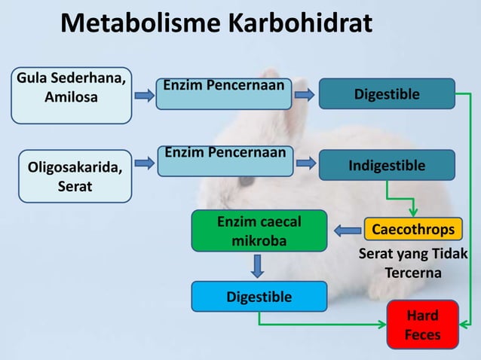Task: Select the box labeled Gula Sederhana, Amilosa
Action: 71,95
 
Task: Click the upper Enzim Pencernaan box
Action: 223,95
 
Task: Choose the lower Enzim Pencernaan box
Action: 223,162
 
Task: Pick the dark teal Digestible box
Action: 387,94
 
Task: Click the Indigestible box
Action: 387,165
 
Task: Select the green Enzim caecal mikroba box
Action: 259,230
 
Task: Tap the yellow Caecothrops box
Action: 413,229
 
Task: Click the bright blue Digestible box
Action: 259,297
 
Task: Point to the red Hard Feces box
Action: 422,325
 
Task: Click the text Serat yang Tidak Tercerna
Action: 413,263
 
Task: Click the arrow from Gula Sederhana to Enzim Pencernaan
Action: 144,95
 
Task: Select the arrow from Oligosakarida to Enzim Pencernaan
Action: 144,162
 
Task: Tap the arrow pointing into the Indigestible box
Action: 305,162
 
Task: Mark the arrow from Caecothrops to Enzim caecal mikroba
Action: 348,230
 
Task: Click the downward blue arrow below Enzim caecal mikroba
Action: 258,266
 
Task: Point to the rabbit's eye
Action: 247,182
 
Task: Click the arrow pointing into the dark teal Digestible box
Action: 305,95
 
